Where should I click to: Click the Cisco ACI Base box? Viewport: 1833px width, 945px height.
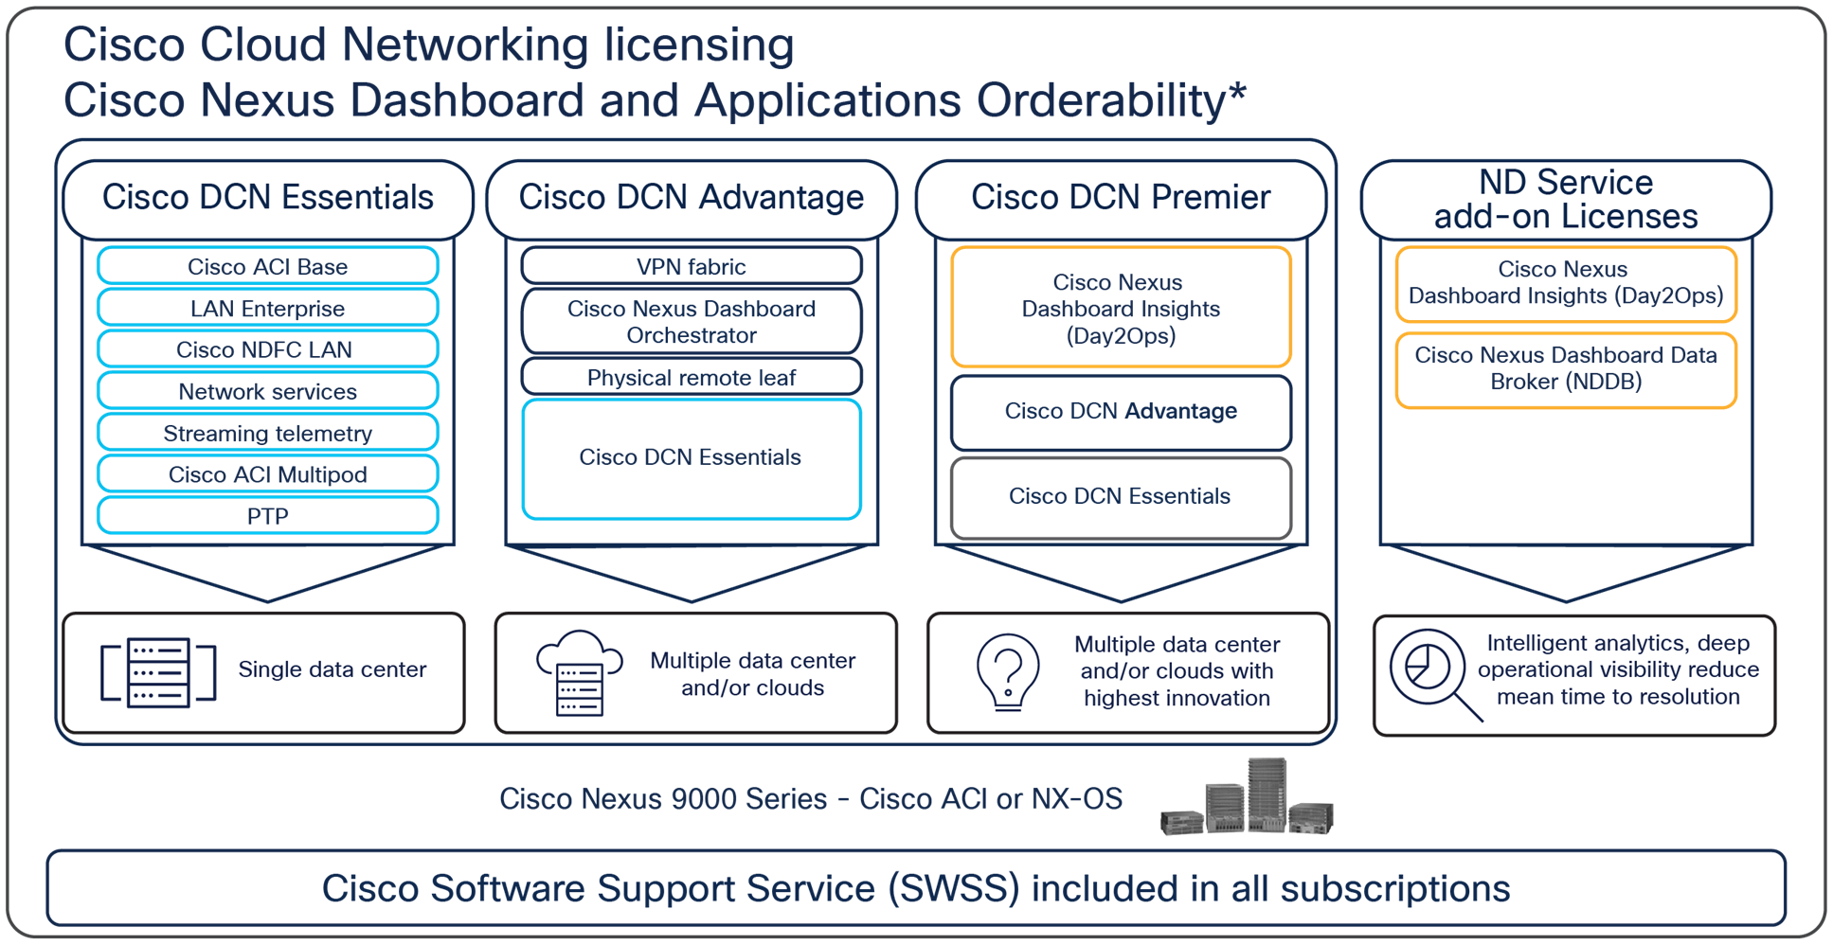point(267,266)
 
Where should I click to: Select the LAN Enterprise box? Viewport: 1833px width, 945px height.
point(267,308)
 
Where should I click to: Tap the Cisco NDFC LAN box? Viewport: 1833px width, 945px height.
point(267,348)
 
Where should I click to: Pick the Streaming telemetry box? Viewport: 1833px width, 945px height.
point(267,432)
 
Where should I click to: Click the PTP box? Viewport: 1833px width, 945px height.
point(267,515)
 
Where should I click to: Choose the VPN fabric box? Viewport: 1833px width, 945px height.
point(692,266)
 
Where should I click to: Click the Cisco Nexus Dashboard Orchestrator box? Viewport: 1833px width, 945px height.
point(692,322)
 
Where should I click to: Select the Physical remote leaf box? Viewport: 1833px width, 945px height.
point(692,377)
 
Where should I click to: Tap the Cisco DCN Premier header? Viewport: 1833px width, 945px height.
point(1121,198)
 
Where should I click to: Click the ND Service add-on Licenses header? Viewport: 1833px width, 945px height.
point(1566,199)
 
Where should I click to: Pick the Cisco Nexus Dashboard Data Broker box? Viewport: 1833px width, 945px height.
point(1566,369)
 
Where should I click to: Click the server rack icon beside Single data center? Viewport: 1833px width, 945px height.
point(158,672)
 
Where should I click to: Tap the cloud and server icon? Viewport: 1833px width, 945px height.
point(579,672)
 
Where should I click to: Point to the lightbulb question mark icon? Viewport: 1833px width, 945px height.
point(1008,672)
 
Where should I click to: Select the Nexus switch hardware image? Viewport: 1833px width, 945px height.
point(1248,797)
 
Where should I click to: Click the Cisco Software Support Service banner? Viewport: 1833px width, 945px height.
point(916,888)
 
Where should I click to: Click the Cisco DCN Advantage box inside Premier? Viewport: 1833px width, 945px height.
point(1121,411)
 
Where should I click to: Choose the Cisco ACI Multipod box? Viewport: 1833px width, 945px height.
point(267,473)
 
